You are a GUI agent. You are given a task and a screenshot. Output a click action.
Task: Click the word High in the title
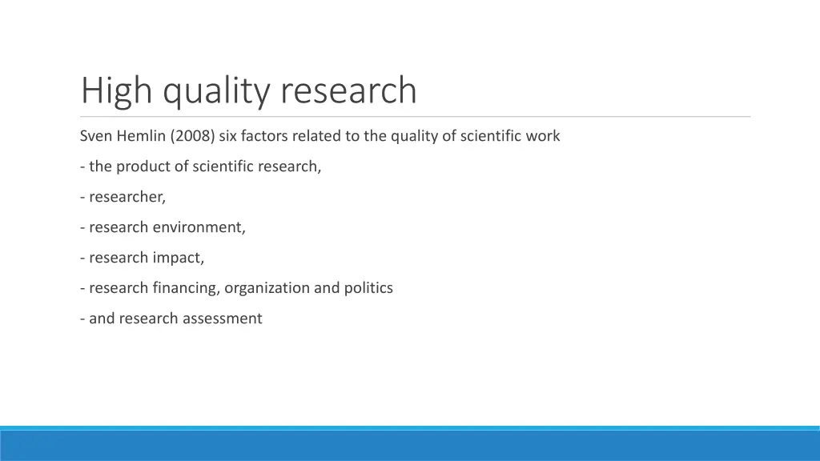point(117,90)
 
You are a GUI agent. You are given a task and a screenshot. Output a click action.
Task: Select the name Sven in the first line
point(96,136)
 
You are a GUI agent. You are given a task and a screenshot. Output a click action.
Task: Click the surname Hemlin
point(142,136)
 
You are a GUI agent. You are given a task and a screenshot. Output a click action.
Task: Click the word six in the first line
point(228,136)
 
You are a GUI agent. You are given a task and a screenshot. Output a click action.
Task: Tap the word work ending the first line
point(543,136)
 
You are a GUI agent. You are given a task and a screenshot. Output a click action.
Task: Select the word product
point(145,166)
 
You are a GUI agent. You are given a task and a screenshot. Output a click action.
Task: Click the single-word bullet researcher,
point(127,197)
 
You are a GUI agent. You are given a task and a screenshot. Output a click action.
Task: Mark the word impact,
point(179,258)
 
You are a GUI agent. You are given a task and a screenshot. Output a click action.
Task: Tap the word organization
point(267,288)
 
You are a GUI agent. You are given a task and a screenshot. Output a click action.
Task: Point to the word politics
point(368,288)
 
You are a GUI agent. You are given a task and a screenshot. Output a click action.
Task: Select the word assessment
point(222,319)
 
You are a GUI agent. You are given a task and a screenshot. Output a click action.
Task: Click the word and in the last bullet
point(102,319)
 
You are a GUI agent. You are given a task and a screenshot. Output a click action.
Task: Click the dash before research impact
point(82,258)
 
